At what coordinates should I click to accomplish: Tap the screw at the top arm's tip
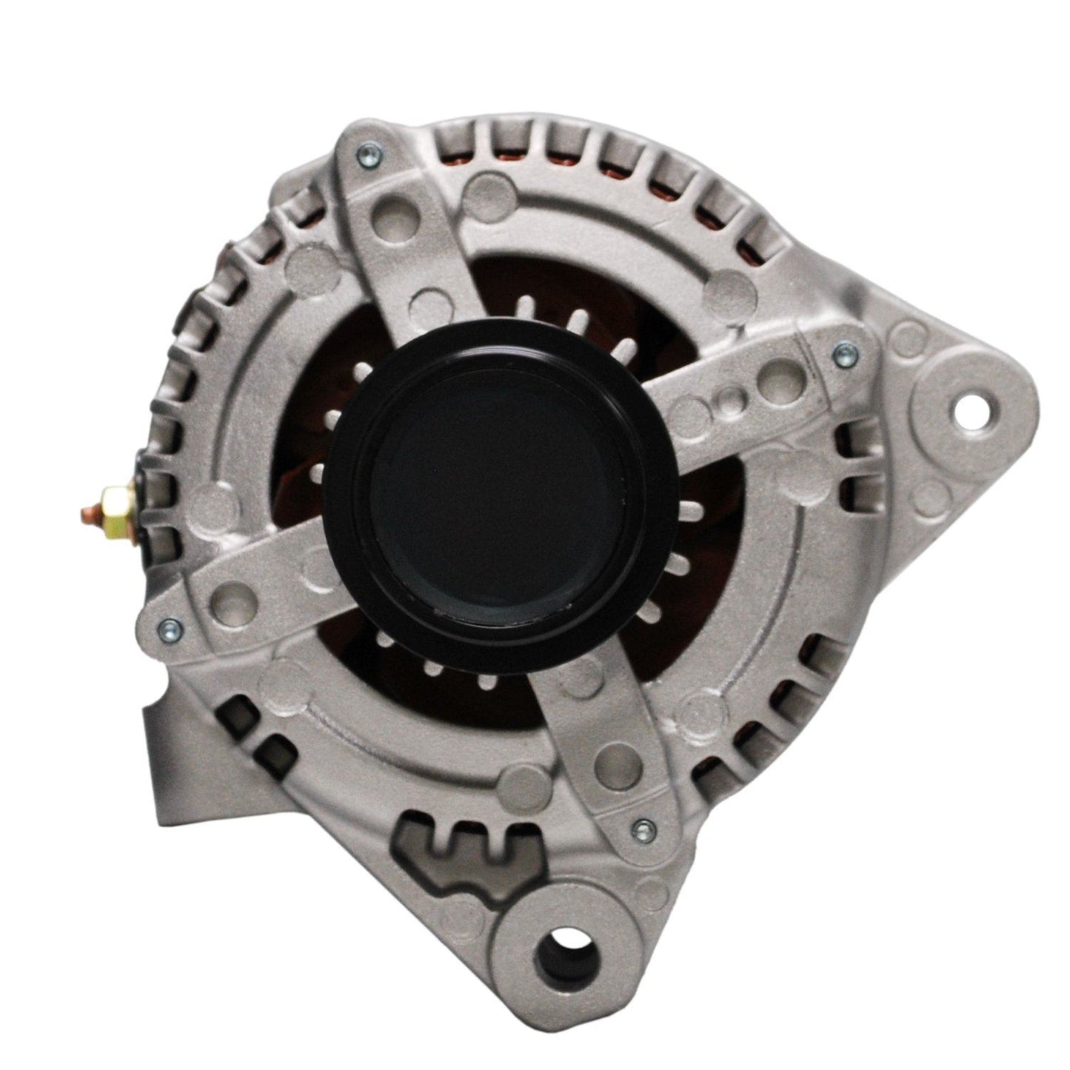click(x=364, y=155)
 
